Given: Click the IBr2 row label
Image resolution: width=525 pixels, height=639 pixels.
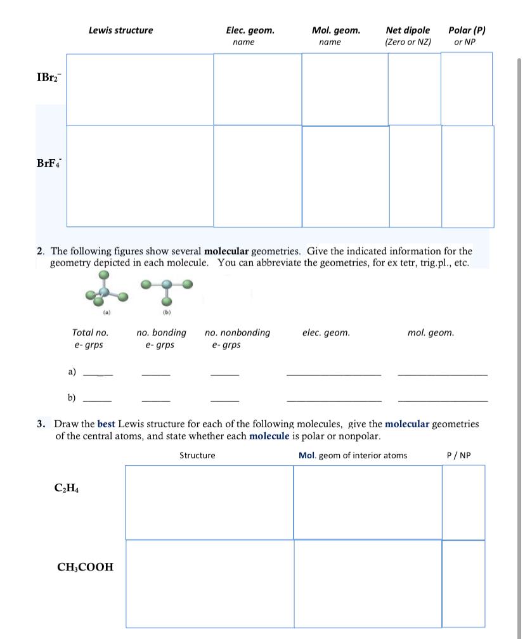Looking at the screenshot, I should [x=47, y=78].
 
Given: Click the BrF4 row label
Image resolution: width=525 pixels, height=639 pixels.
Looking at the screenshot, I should [x=48, y=163].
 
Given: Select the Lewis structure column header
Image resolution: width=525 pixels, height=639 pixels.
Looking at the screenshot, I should [x=120, y=30].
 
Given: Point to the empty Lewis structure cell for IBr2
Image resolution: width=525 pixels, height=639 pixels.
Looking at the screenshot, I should [x=139, y=89].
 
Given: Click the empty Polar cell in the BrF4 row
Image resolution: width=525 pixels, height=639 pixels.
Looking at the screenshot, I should [x=467, y=176].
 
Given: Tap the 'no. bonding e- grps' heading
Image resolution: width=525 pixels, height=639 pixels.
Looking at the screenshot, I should [x=161, y=339].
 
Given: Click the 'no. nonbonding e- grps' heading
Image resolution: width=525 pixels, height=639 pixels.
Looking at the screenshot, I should [x=237, y=339].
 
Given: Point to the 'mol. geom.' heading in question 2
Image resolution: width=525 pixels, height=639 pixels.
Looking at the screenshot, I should [x=431, y=332].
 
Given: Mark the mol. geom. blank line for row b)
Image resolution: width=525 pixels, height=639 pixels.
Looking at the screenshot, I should [x=443, y=400].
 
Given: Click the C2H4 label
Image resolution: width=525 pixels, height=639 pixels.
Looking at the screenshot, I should [x=67, y=489].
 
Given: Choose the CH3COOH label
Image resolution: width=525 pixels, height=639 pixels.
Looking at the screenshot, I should [x=86, y=567].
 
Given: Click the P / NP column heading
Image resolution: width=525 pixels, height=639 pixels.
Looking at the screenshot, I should [x=459, y=455].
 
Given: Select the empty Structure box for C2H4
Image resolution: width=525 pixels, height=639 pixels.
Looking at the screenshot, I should [x=209, y=502].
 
